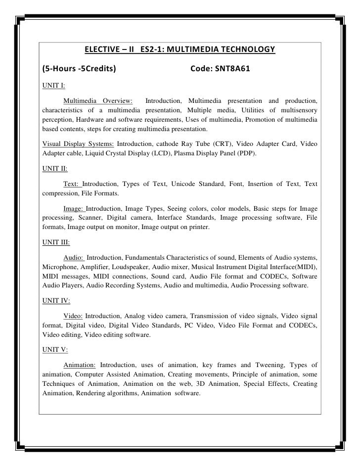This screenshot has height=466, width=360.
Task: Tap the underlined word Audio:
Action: pyautogui.click(x=75, y=258)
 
